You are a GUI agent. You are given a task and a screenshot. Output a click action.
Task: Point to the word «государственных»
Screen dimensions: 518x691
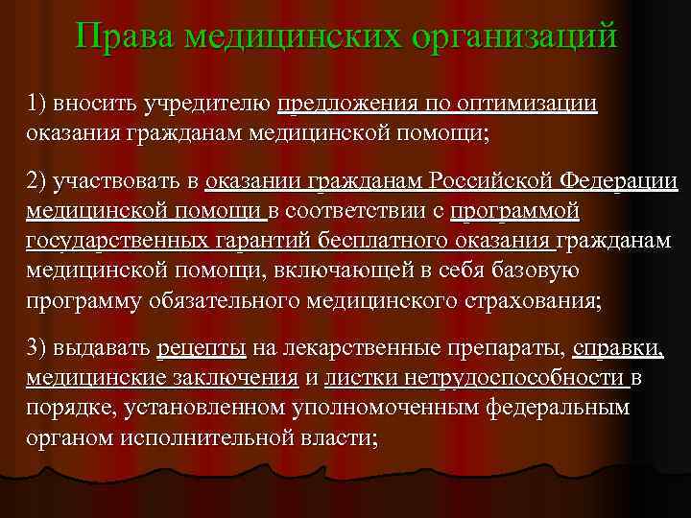111,240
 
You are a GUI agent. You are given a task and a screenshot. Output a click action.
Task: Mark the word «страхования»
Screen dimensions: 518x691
522,300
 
